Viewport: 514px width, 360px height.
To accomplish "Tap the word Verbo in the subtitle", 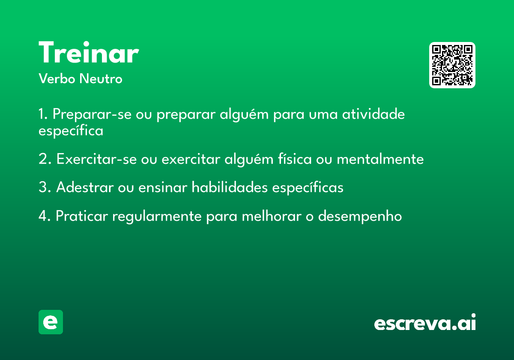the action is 57,78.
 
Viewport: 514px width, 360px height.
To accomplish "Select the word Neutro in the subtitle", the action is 101,78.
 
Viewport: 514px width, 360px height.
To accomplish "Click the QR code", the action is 452,65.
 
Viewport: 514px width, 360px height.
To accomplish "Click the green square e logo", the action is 51,322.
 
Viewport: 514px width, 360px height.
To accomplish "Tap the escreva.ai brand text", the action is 425,322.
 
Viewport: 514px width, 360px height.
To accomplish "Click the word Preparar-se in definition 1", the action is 92,114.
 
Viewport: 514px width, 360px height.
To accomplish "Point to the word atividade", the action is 374,114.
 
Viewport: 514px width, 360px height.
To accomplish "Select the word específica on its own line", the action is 71,131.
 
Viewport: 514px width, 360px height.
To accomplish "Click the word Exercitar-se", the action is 97,159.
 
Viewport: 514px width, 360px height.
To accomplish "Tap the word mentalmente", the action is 380,159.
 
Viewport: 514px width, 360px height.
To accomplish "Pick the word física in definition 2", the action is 295,159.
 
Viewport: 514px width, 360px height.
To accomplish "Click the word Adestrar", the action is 85,187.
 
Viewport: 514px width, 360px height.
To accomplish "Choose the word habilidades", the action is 230,187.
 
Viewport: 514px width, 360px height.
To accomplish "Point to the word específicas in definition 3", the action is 308,187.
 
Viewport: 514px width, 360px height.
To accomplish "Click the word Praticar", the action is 82,216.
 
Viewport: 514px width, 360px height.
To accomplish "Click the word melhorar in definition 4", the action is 272,216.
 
